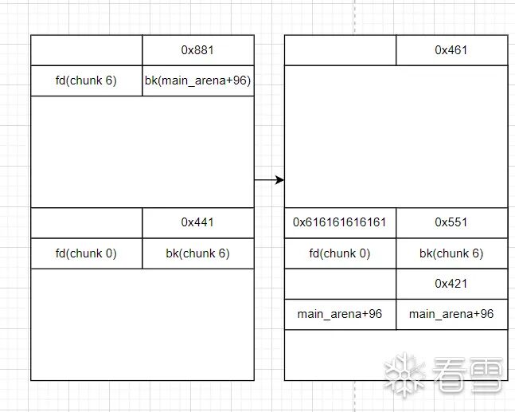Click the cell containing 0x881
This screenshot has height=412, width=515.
click(x=198, y=50)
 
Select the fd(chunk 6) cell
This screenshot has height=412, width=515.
click(x=87, y=80)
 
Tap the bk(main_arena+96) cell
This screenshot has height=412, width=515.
click(x=198, y=80)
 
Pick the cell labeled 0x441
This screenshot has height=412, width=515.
click(x=198, y=223)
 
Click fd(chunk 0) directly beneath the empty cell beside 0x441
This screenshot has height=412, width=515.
click(x=87, y=253)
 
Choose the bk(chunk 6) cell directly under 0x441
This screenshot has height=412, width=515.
click(x=198, y=253)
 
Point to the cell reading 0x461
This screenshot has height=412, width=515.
click(x=451, y=50)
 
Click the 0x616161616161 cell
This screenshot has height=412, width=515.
click(x=340, y=222)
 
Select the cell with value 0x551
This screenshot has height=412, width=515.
click(x=451, y=222)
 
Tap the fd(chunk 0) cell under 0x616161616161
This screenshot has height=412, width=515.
click(x=340, y=253)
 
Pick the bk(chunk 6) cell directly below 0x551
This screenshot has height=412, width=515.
click(x=451, y=253)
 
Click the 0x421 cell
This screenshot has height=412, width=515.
click(x=451, y=284)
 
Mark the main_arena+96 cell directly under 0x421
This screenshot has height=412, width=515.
click(x=451, y=314)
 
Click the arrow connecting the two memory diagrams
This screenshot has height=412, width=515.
click(x=269, y=180)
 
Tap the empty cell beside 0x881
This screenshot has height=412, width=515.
click(x=87, y=50)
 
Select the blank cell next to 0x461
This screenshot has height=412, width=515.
click(x=340, y=50)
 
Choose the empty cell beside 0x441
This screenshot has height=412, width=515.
click(x=87, y=223)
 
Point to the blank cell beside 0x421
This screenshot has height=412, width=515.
click(x=340, y=284)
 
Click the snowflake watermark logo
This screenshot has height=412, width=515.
click(x=404, y=375)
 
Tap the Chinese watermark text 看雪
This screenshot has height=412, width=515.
click(x=470, y=375)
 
